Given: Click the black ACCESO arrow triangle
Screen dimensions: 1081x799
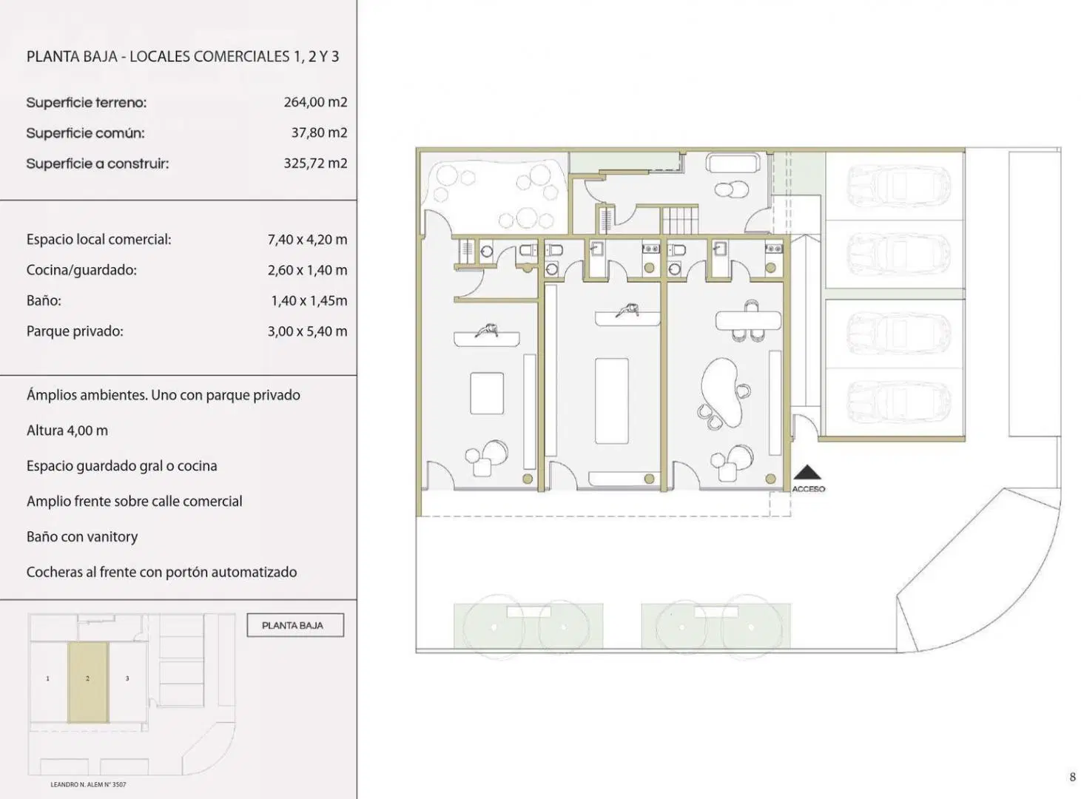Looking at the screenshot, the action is coord(807,472).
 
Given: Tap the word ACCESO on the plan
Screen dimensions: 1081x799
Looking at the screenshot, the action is coord(808,489).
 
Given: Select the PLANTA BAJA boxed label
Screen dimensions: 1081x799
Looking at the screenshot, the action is coord(295,625).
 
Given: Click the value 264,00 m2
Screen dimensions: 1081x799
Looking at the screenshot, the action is coord(315,102).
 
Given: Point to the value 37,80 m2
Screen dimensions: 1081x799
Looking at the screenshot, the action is coord(319,132).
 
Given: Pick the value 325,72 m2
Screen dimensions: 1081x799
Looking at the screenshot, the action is coord(315,163).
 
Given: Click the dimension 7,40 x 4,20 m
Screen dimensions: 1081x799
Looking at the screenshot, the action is coord(307,240).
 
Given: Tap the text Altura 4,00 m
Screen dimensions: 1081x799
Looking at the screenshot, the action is coord(67,431).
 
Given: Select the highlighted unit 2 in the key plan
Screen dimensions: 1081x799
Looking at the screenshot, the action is coord(88,682).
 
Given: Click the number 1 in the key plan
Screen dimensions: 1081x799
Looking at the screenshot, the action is coord(48,678).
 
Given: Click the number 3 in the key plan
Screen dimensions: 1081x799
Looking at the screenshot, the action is coord(127,678).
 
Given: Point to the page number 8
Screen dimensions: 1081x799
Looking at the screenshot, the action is coord(1072,777).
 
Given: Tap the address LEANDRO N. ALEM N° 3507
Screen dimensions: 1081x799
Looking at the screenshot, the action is coord(88,784).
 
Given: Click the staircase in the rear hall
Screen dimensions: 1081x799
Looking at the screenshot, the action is coord(680,220).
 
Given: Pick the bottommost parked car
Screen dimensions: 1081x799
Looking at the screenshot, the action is coord(899,402).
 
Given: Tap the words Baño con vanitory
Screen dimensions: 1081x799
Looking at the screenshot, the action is coord(82,536).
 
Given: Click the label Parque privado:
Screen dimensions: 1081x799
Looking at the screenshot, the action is coord(75,331).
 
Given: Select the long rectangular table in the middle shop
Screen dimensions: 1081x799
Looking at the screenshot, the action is coord(612,401).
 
